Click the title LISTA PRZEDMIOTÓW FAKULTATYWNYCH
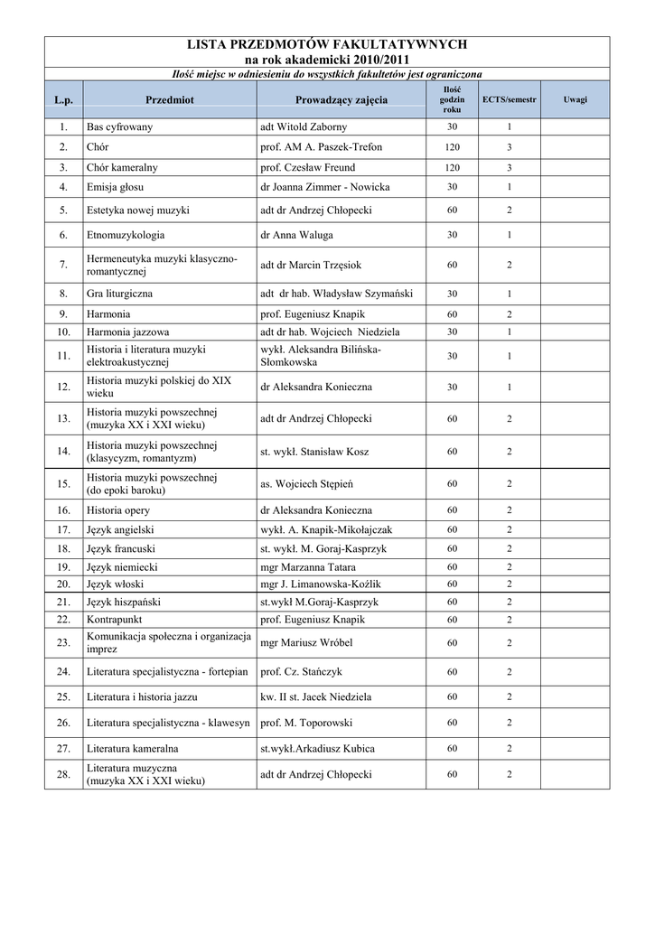(326, 43)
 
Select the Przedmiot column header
(170, 99)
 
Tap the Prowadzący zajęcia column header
(341, 99)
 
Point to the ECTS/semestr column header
(510, 99)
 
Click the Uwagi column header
(575, 99)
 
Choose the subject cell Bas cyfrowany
(119, 127)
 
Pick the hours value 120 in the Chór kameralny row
(452, 167)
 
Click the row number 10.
(63, 332)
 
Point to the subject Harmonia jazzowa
(127, 332)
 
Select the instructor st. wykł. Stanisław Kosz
(313, 452)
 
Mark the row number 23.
(63, 642)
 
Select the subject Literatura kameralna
(132, 748)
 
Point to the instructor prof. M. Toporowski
(308, 723)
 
